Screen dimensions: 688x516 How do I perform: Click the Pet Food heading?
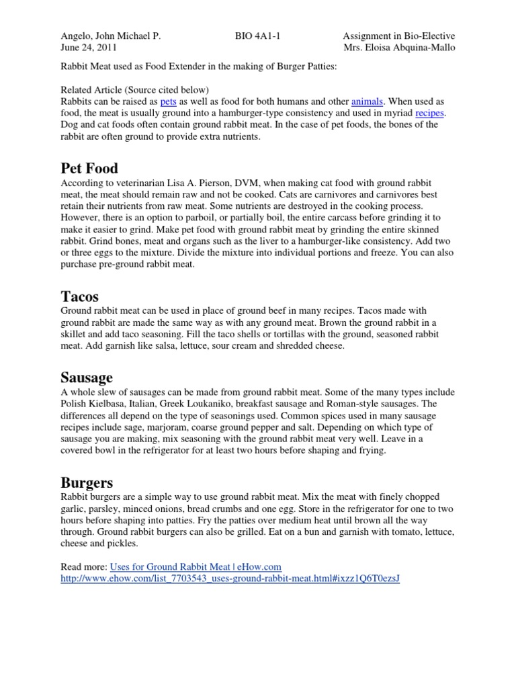click(89, 167)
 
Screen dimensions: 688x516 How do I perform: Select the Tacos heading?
click(80, 296)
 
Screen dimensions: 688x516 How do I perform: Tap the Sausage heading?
click(87, 377)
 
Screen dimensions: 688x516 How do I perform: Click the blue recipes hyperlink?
click(430, 113)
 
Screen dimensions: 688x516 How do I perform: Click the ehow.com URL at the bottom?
click(230, 578)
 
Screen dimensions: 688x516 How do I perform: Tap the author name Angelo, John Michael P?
click(111, 36)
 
